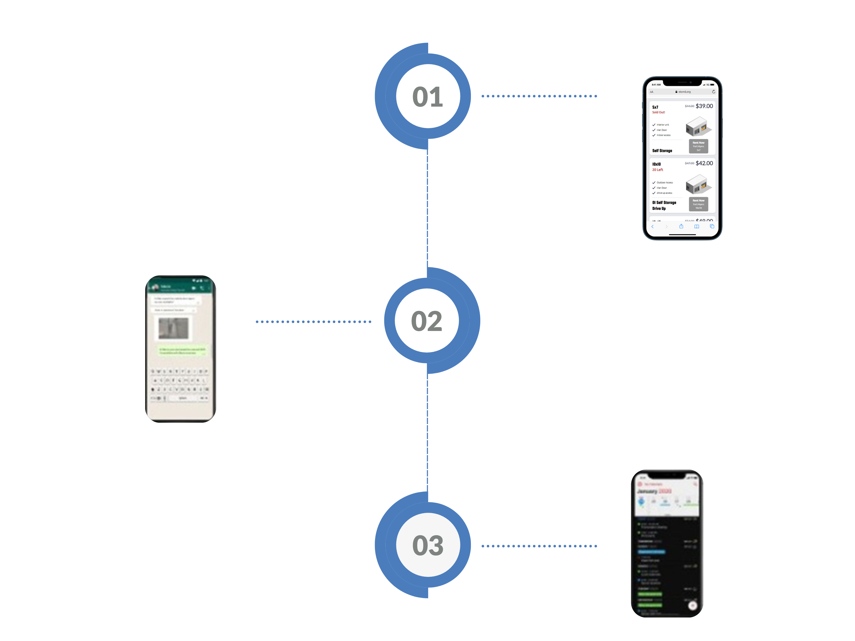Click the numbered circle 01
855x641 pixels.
click(428, 96)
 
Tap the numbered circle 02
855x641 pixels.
click(427, 321)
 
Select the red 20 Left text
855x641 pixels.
click(657, 170)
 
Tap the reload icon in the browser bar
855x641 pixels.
click(713, 92)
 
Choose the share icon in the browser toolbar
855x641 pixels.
click(681, 226)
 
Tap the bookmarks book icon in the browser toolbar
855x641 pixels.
click(697, 226)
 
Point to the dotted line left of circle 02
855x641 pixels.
click(313, 322)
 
